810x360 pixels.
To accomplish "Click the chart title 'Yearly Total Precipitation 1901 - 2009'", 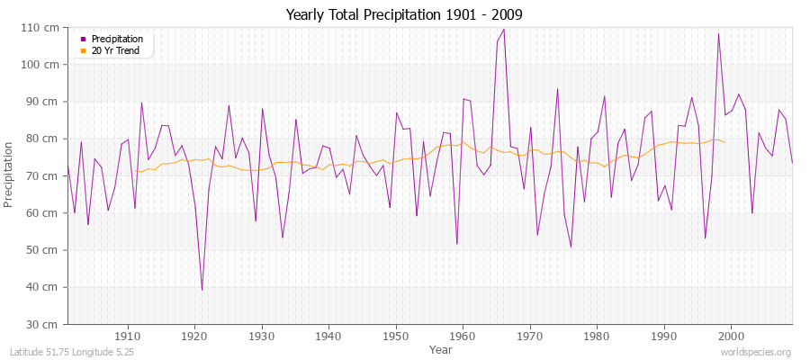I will click(x=404, y=15).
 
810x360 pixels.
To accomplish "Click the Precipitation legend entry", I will click(x=117, y=40).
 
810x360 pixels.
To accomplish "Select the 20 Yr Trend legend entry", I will click(x=116, y=50).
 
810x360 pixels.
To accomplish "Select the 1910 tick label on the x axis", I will click(x=128, y=336).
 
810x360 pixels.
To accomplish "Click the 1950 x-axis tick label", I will click(x=395, y=336).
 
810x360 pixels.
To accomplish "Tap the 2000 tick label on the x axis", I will click(x=730, y=336).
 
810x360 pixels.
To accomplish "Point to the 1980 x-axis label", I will click(x=596, y=336).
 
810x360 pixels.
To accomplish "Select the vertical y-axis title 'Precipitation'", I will click(x=10, y=175).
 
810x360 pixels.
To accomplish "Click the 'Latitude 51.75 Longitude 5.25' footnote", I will click(x=71, y=353).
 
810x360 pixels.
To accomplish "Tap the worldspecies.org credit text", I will click(x=755, y=353).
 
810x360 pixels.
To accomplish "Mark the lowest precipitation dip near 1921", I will click(x=202, y=290).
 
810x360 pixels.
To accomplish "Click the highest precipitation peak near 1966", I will click(x=503, y=29).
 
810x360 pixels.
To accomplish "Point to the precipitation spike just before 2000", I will click(x=718, y=34).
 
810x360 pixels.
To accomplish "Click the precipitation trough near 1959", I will click(x=456, y=244).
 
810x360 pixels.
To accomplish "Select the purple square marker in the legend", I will click(x=84, y=40).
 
